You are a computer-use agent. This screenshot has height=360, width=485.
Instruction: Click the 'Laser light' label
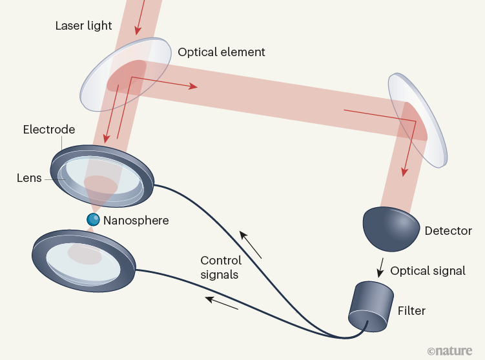point(83,26)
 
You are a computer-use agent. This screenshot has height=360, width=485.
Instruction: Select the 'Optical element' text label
point(222,52)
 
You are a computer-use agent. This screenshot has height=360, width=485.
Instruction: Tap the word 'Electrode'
point(49,130)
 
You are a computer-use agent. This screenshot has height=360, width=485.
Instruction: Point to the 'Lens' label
point(28,178)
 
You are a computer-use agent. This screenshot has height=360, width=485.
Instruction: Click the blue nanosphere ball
point(94,220)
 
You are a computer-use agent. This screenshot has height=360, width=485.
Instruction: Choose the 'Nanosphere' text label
point(136,221)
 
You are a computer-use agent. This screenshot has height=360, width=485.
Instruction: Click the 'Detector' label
point(448,230)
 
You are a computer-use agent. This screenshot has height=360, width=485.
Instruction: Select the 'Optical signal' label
point(428,271)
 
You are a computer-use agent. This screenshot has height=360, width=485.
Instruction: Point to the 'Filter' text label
point(411,311)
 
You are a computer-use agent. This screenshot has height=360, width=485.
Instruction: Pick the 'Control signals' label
point(221,268)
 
